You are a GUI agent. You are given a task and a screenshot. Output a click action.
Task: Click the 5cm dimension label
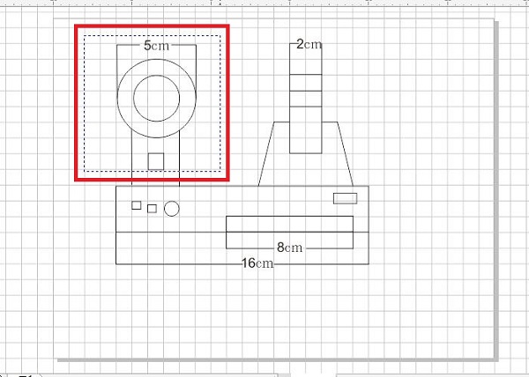pos(156,46)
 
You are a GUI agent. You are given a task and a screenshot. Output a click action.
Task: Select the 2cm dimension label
pos(309,44)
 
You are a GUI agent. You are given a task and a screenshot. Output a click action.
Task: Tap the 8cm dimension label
pos(289,248)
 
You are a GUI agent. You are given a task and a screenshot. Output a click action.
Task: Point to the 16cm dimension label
pos(257,263)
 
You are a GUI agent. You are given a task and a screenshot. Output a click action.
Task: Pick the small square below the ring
pos(156,161)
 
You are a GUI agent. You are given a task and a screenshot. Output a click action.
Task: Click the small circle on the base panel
pos(171,209)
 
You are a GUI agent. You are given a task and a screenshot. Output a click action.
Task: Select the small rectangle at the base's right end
pos(345,198)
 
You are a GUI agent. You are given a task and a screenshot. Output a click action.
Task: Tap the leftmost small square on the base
pos(137,205)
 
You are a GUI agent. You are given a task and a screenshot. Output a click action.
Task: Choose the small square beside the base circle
pos(153,209)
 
